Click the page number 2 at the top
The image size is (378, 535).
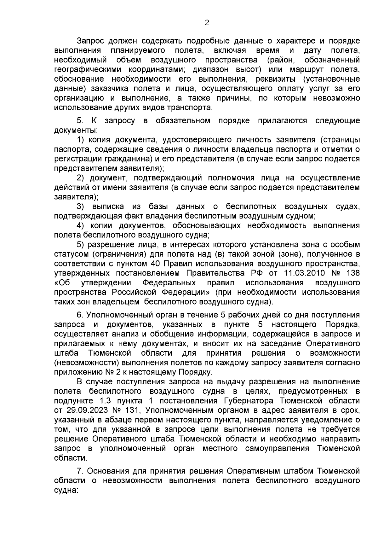(x=207, y=23)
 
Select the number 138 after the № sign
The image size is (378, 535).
(x=352, y=273)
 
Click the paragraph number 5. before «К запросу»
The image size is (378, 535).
(x=80, y=120)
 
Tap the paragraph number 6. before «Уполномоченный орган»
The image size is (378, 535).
(x=80, y=315)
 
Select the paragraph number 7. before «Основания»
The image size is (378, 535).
(x=80, y=471)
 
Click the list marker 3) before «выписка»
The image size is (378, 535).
(x=81, y=206)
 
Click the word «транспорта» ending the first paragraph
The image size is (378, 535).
(x=191, y=108)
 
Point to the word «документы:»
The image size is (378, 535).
(x=76, y=130)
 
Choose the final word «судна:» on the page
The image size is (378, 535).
(x=66, y=491)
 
